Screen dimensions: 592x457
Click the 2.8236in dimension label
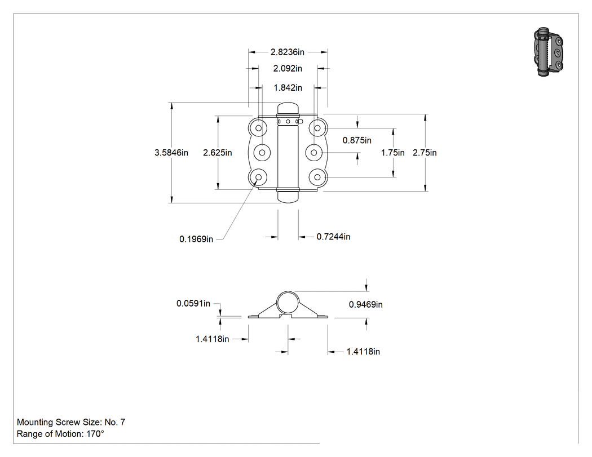(288, 52)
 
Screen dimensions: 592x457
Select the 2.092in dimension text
(288, 68)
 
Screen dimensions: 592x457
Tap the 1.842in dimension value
(288, 87)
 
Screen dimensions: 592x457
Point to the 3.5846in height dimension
(171, 153)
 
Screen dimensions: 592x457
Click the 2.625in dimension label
(218, 153)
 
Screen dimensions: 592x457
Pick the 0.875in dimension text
(357, 140)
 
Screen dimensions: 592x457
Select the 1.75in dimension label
(392, 153)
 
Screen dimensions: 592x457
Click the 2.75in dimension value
(425, 153)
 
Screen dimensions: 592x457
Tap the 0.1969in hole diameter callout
(196, 239)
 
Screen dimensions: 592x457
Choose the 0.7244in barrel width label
(333, 237)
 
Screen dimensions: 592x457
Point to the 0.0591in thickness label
(193, 303)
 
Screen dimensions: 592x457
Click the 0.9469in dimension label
(365, 304)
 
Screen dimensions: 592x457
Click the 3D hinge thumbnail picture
(549, 52)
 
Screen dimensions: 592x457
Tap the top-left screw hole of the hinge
(259, 128)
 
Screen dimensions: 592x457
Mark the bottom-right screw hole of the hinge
(317, 177)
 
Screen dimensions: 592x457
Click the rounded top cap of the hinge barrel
(288, 108)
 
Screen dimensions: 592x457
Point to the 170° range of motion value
(95, 434)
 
